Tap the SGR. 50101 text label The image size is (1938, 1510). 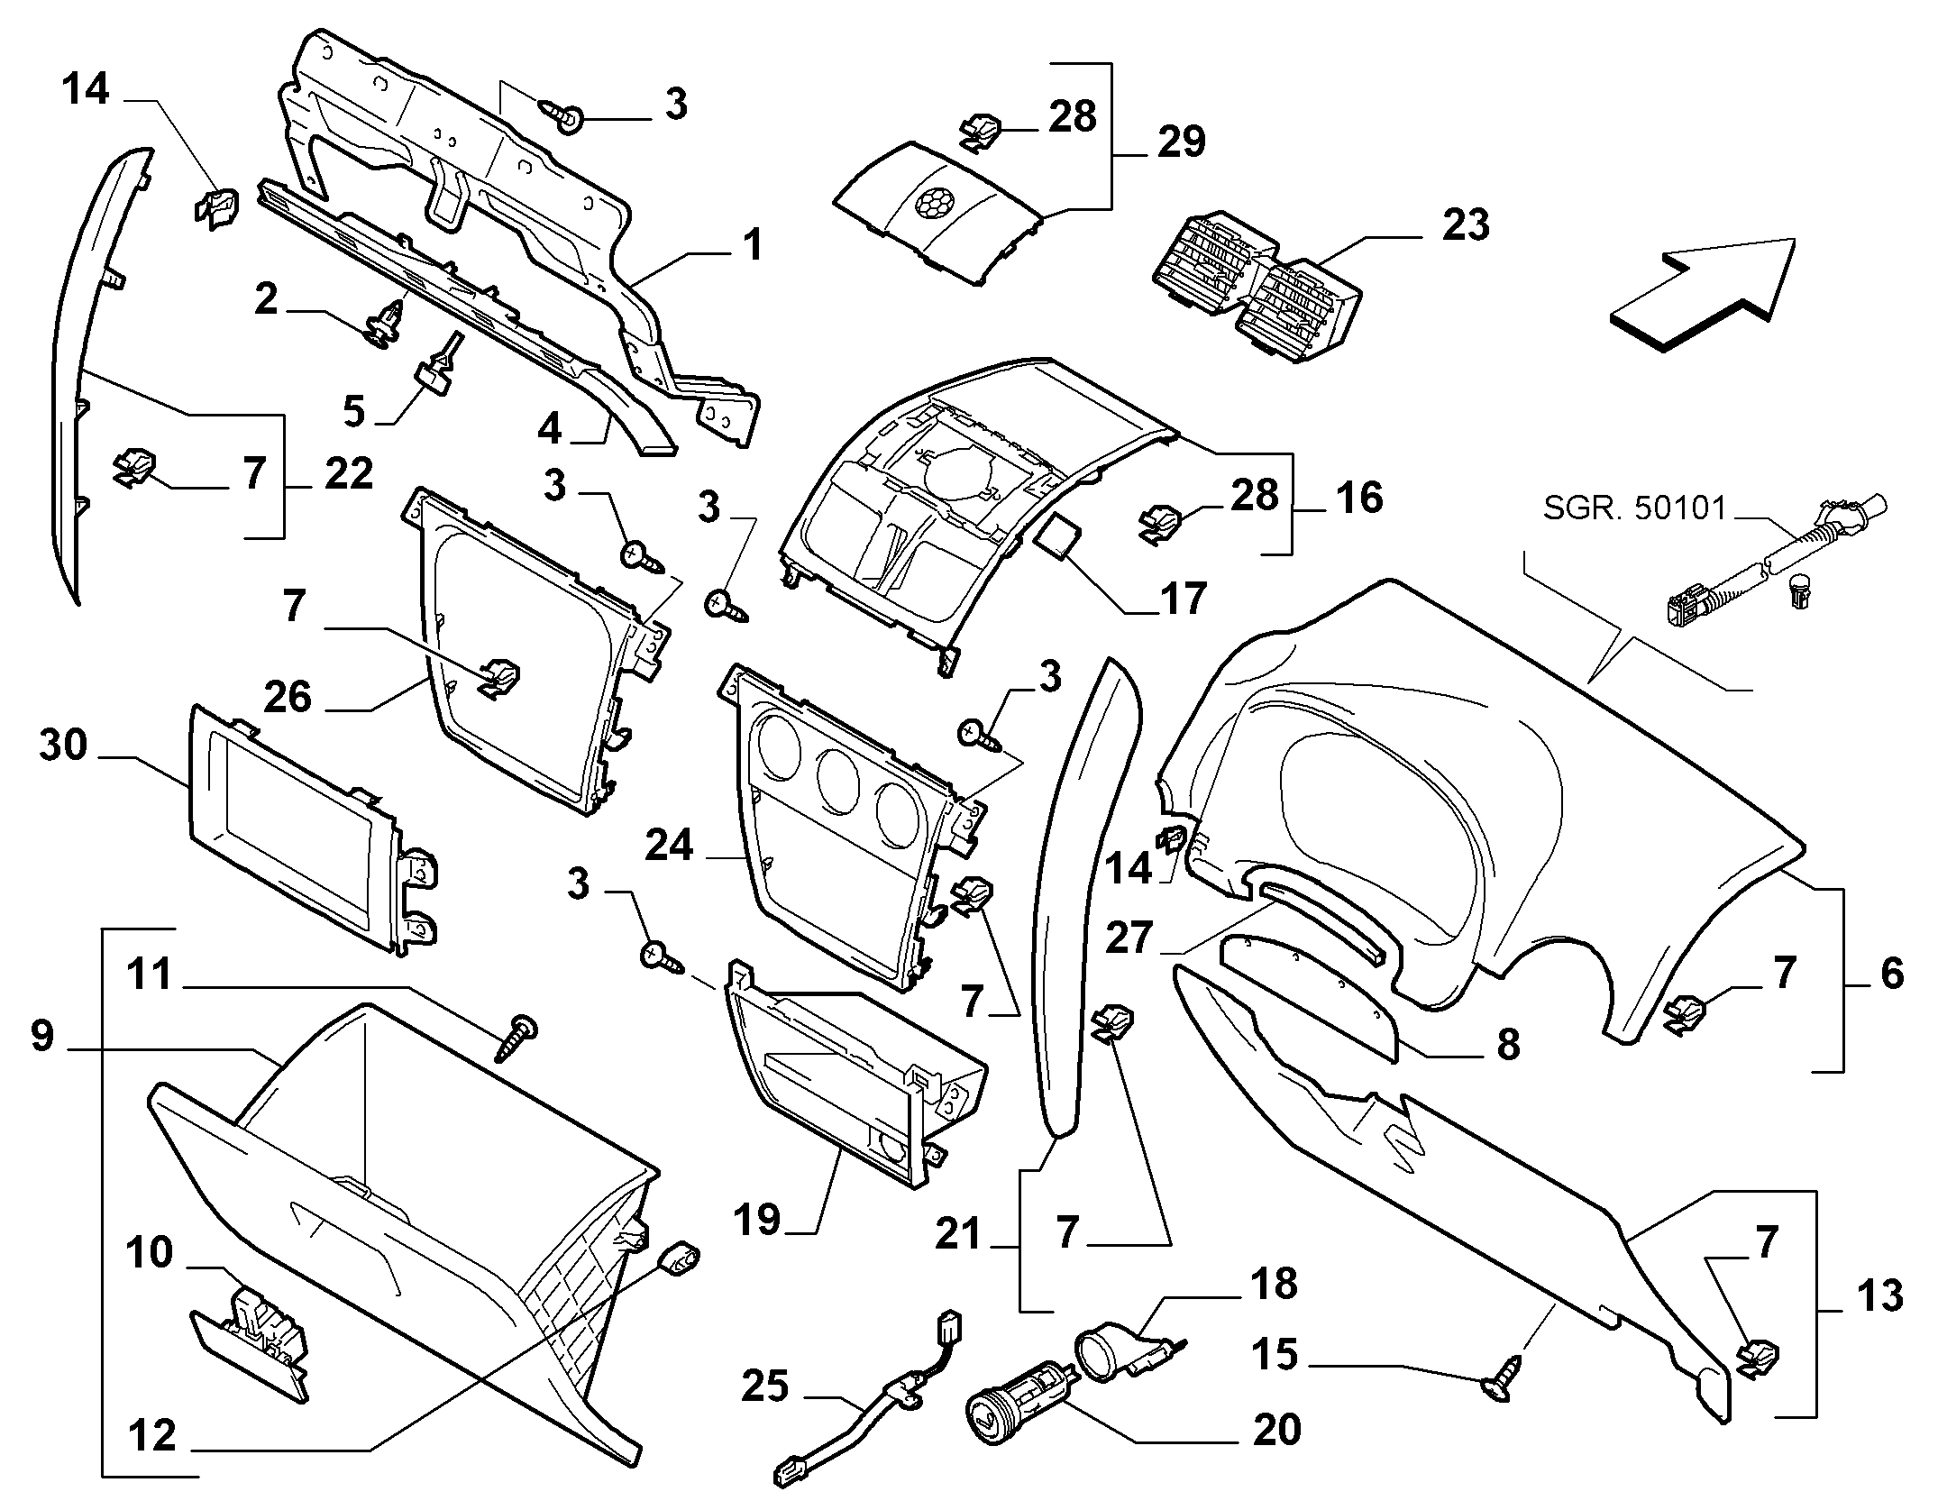point(1634,510)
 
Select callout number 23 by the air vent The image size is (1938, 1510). point(1465,225)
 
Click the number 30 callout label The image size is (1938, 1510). point(63,746)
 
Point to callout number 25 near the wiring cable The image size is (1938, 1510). point(765,1386)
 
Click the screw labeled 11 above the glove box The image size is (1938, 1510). point(516,1037)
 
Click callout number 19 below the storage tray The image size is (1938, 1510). point(756,1221)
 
